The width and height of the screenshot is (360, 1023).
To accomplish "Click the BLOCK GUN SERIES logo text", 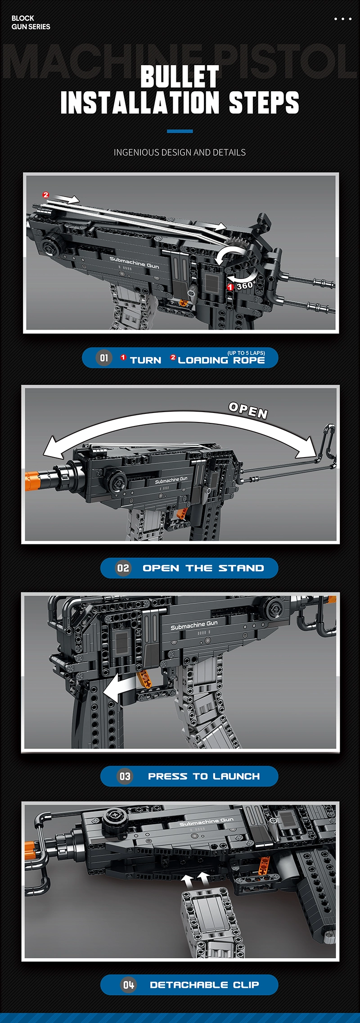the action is (31, 22).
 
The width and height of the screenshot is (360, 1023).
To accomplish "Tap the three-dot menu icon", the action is (343, 19).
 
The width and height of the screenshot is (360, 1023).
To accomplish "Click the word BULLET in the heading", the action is (180, 76).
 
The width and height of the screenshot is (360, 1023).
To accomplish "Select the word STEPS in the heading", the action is (264, 102).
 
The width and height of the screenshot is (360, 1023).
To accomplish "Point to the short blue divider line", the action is (180, 131).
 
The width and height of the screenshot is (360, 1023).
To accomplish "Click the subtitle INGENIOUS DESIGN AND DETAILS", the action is (180, 153).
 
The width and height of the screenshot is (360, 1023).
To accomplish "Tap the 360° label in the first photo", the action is (246, 285).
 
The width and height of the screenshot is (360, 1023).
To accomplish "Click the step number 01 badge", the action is (104, 358).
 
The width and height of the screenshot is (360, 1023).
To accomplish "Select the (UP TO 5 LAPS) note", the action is (246, 353).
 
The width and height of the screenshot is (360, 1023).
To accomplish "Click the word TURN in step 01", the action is (145, 360).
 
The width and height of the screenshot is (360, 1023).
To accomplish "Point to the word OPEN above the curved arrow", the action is (248, 410).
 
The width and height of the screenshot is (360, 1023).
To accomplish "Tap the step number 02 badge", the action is (123, 568).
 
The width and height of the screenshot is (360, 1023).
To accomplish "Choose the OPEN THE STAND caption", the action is (203, 568).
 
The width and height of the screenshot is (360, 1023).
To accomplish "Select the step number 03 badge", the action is (125, 776).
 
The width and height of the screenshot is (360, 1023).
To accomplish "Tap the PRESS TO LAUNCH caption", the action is (204, 776).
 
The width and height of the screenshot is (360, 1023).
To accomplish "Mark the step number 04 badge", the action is (129, 985).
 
